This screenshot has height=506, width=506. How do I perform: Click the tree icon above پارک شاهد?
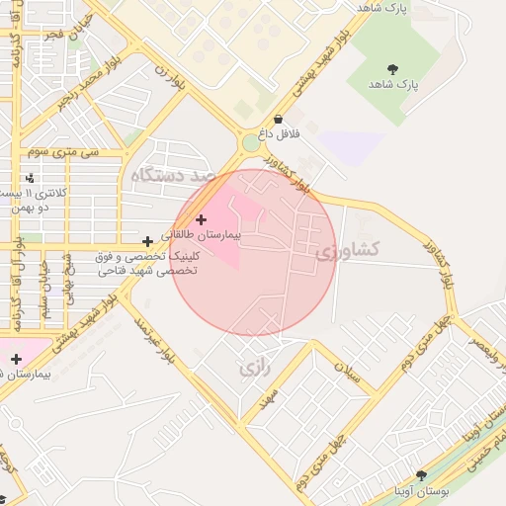393,69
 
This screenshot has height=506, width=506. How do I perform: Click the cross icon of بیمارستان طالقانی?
202,219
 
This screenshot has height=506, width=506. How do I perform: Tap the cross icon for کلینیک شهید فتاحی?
147,240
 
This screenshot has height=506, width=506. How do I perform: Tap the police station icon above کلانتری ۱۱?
30,179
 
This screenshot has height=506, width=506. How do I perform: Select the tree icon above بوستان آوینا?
421,475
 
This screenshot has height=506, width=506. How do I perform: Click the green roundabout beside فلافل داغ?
251,143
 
